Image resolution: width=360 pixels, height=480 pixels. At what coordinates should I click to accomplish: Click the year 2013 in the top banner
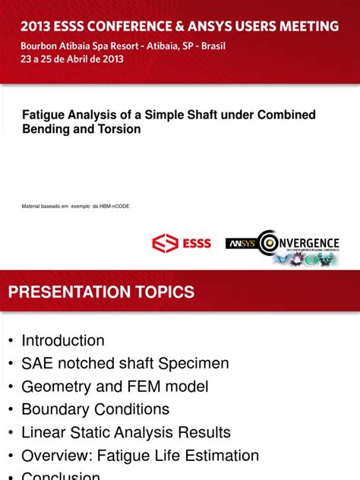click(37, 27)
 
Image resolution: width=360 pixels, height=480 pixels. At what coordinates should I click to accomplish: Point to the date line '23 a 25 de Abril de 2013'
click(71, 60)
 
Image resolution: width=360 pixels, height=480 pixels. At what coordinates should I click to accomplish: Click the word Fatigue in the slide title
click(46, 115)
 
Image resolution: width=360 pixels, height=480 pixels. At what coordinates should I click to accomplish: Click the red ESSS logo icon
click(165, 244)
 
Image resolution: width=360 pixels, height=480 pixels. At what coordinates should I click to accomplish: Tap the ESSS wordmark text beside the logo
click(196, 244)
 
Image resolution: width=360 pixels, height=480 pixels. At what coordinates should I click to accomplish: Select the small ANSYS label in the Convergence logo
click(241, 244)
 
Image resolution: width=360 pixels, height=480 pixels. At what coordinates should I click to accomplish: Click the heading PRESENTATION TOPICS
click(101, 292)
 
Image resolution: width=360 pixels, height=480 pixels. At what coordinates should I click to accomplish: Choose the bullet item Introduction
click(63, 340)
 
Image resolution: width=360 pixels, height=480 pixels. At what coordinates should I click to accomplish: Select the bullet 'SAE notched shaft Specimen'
click(125, 364)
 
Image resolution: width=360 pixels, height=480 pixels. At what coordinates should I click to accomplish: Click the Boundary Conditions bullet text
click(95, 409)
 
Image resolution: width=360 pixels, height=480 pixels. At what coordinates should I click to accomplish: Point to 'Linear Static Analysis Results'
click(125, 433)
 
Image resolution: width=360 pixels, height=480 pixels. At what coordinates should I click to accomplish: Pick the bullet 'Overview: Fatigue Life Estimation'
click(140, 456)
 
